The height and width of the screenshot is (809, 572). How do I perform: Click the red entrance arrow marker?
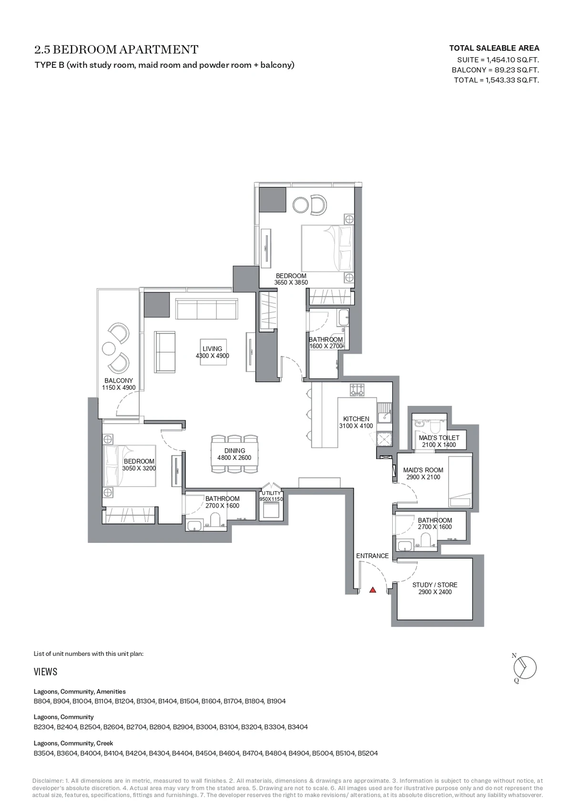(373, 590)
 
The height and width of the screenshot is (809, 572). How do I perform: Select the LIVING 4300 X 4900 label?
(212, 352)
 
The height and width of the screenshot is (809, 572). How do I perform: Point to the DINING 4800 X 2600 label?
(235, 454)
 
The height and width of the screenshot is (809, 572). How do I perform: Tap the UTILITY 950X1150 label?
(271, 496)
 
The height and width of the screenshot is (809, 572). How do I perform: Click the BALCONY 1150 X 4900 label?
(119, 384)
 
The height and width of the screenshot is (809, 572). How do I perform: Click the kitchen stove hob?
(357, 389)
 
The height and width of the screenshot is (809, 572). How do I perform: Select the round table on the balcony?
(109, 349)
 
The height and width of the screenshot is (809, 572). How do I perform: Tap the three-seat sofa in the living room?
(206, 309)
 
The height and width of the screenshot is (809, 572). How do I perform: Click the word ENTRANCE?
(372, 556)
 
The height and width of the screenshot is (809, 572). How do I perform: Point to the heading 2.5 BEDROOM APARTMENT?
(117, 49)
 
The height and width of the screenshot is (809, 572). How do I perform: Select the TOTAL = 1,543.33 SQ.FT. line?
(496, 80)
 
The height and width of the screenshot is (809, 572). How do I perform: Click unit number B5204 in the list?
(368, 753)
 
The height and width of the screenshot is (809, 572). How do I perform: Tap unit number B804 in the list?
(42, 701)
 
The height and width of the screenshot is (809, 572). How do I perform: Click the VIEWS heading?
(45, 672)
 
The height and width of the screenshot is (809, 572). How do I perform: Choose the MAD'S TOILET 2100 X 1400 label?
(439, 441)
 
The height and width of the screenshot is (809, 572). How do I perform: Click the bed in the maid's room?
(460, 482)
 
